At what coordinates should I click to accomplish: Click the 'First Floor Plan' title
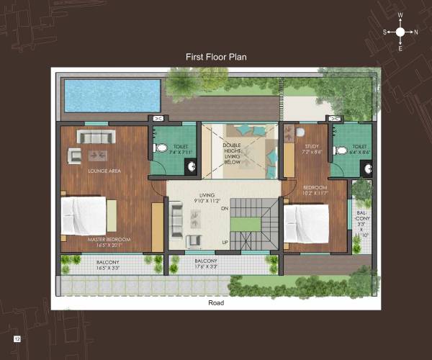click(216, 56)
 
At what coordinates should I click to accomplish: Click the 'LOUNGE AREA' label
click(104, 171)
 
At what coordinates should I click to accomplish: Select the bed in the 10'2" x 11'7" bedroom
click(307, 224)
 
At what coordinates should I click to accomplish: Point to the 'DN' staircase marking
click(224, 208)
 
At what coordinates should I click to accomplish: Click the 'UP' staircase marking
click(225, 241)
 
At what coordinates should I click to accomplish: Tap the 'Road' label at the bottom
click(215, 303)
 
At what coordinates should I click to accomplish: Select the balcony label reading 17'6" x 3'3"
click(206, 264)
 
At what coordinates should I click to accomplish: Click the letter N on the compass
click(415, 32)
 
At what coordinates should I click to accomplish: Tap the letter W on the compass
click(400, 15)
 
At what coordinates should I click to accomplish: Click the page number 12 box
click(16, 338)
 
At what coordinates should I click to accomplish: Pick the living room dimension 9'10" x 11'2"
click(207, 200)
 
